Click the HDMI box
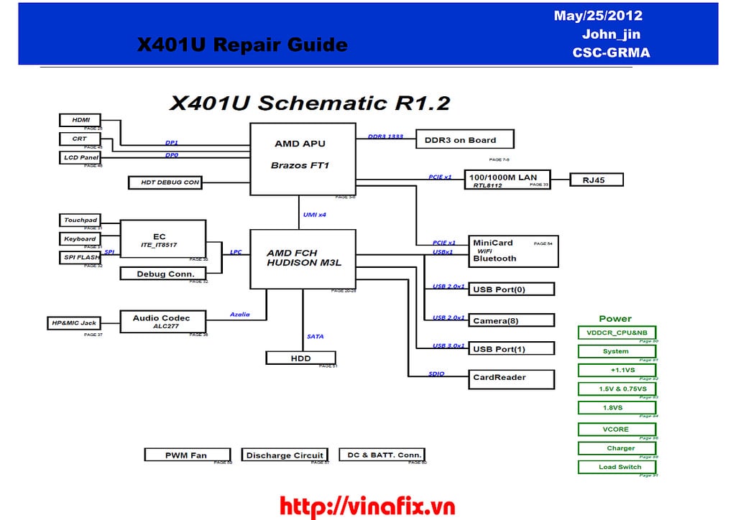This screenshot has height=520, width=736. pos(80,120)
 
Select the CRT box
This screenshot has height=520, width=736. pos(80,139)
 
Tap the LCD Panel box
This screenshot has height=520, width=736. pos(80,157)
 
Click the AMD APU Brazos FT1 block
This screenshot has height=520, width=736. pos(302,158)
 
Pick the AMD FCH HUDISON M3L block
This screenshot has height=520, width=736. pos(302,259)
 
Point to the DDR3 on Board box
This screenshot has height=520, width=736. pos(466,139)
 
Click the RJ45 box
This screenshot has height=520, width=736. pos(596,180)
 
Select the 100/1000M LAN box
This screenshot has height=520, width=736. pos(508,180)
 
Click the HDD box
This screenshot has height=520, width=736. pos(300,357)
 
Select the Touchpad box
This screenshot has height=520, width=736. pos(80,220)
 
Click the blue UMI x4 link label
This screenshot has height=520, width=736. pos(314,215)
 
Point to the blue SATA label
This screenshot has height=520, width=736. pos(315,336)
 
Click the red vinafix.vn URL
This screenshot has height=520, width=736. pos(367,506)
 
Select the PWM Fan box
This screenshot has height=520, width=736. pos(187,455)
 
